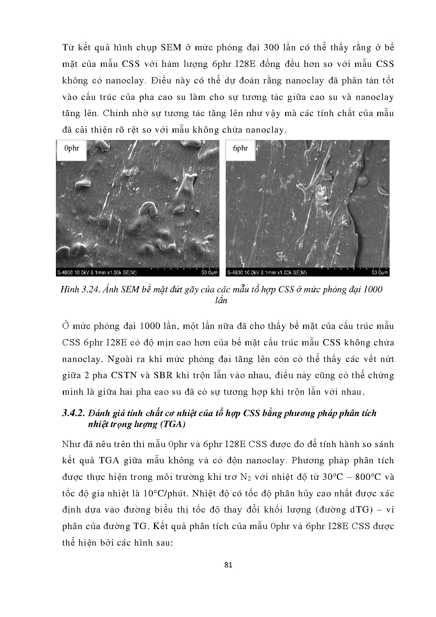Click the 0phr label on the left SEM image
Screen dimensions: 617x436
point(71,148)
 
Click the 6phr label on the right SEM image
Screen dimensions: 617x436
point(241,148)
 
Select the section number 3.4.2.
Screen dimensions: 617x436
point(74,413)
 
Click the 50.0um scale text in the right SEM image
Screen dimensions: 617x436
point(379,272)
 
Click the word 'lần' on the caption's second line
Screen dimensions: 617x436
point(220,300)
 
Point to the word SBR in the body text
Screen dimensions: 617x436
point(163,375)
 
